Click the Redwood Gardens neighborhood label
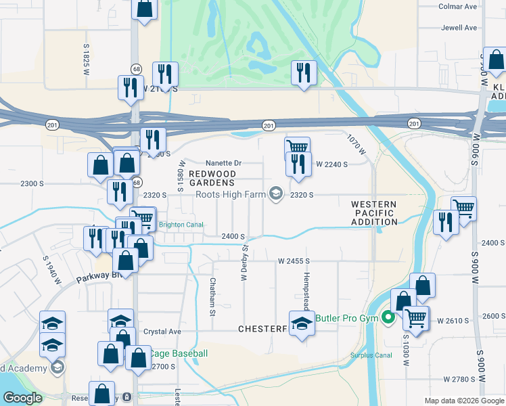pos(212,178)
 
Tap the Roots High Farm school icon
pos(275,195)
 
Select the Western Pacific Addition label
pos(374,213)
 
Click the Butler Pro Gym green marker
pos(388,317)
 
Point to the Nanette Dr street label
pos(223,163)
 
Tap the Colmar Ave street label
pos(459,7)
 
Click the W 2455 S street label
pos(293,261)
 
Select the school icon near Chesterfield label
pos(302,323)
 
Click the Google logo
pos(22,398)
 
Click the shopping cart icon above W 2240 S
pos(297,148)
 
